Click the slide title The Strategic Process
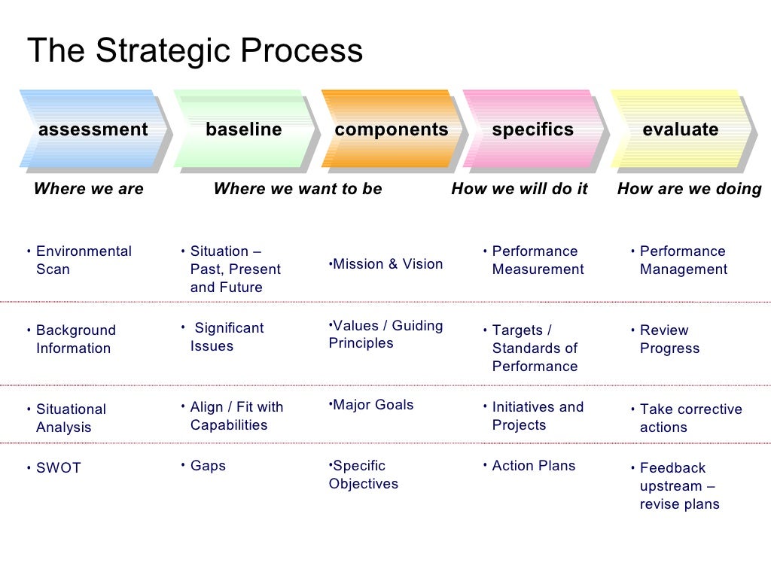click(195, 51)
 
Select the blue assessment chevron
click(93, 129)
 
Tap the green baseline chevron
click(243, 129)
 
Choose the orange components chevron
click(391, 129)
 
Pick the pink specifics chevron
click(532, 129)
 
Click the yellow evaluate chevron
click(680, 129)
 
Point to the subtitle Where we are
click(88, 189)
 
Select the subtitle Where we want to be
click(297, 189)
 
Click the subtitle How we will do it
click(519, 189)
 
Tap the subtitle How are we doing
click(689, 189)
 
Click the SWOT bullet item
click(58, 468)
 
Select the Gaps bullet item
click(208, 466)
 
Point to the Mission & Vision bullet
click(387, 264)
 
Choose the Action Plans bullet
click(533, 466)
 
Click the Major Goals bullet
click(373, 405)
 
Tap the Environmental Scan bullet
click(83, 260)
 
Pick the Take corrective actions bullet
click(690, 418)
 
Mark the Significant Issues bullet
click(226, 337)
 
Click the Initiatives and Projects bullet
click(537, 416)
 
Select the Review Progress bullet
click(669, 339)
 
